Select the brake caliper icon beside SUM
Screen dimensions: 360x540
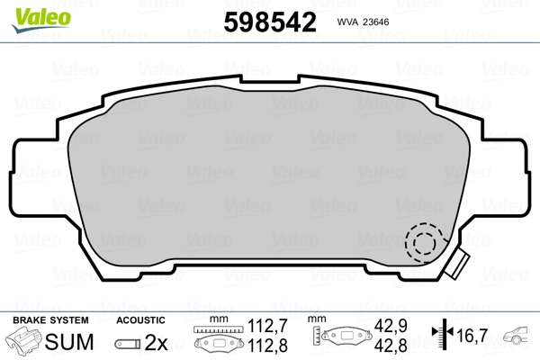(26, 342)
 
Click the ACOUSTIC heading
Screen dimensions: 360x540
(140, 319)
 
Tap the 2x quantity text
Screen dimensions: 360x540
(157, 342)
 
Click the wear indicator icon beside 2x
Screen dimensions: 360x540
(128, 343)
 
